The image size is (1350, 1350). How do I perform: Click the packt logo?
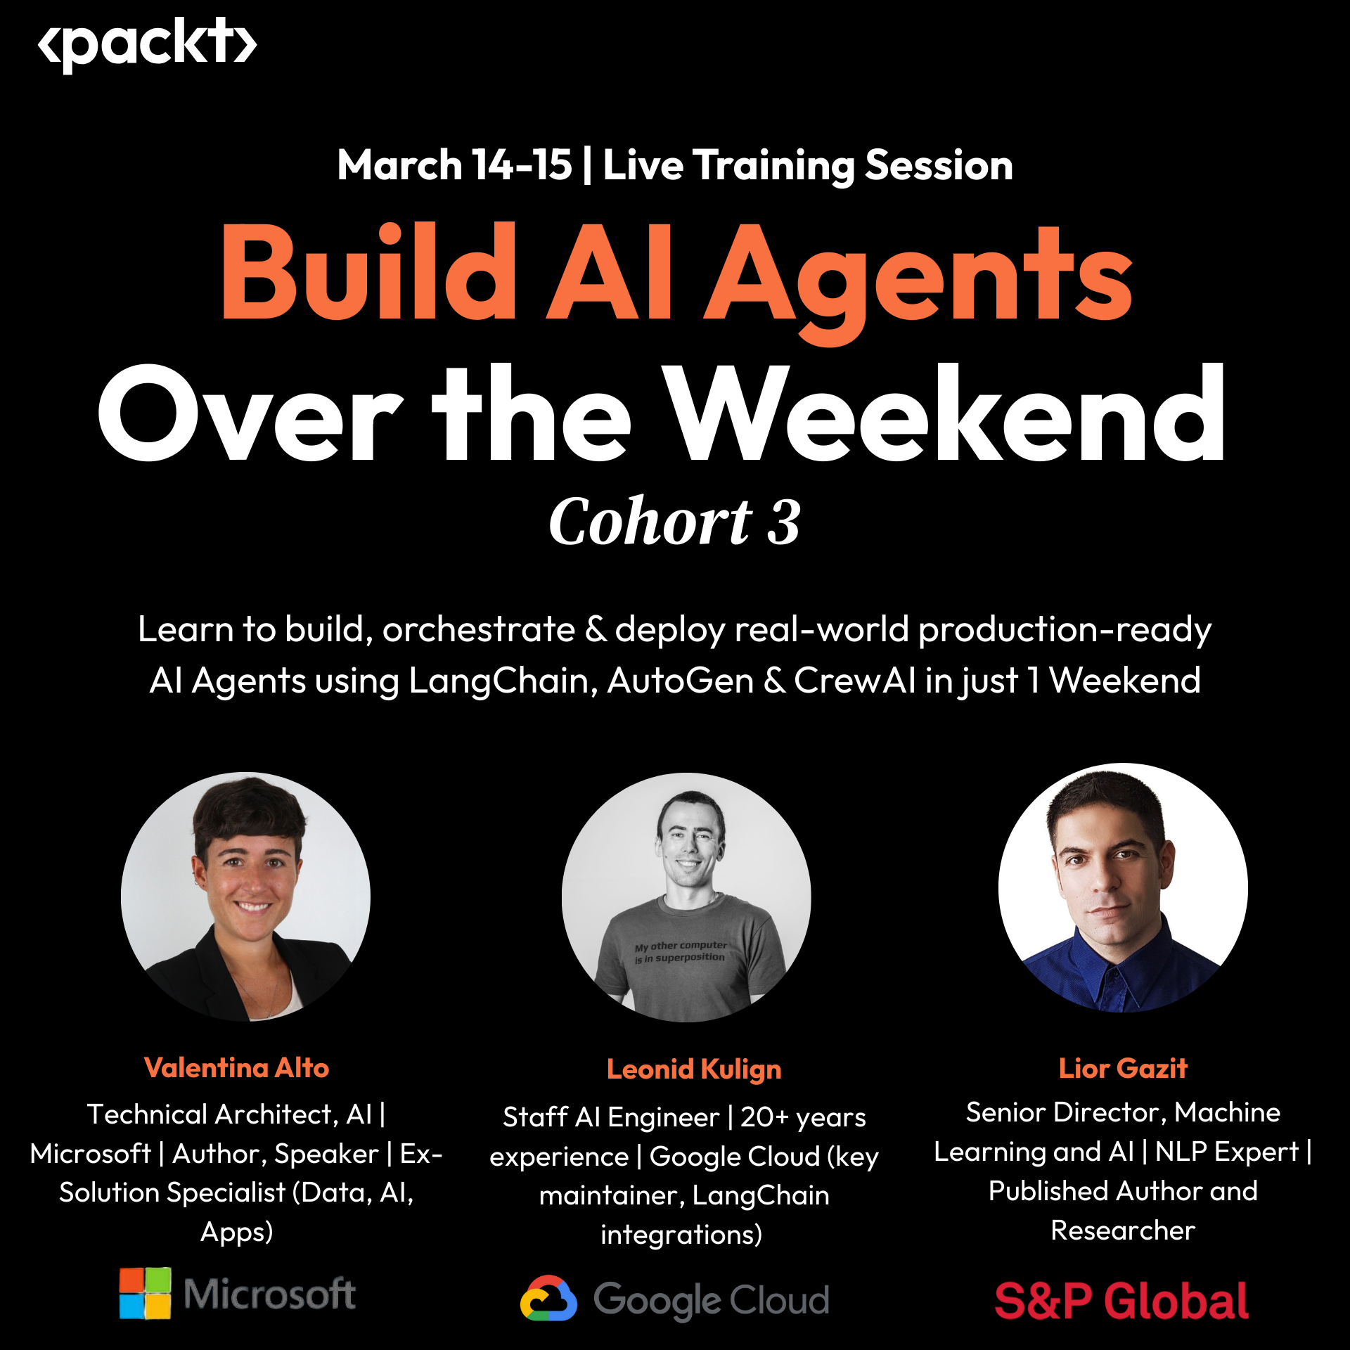[148, 44]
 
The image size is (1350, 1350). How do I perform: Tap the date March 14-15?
[454, 165]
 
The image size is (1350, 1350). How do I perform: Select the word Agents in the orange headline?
[919, 281]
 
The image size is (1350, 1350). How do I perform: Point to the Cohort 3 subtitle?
[675, 521]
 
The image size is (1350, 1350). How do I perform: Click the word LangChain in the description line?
[503, 681]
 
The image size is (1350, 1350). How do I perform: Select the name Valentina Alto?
[236, 1067]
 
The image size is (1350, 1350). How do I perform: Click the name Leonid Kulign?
[694, 1069]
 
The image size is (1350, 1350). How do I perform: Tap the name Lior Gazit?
[1123, 1068]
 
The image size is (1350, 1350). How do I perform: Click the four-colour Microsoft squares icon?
[145, 1293]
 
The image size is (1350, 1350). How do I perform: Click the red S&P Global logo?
[1121, 1301]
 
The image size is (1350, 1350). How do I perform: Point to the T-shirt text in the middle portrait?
[680, 951]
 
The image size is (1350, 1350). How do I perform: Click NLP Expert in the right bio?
[1227, 1152]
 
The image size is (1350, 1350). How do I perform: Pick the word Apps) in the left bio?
[237, 1232]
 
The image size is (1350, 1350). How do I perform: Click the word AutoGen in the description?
[681, 681]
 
